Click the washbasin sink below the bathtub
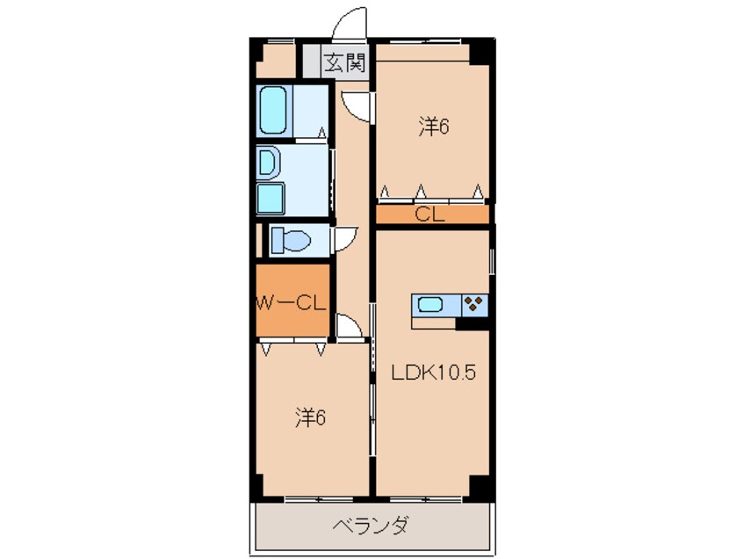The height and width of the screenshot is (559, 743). pos(269,163)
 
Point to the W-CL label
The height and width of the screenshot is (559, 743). pos(292,304)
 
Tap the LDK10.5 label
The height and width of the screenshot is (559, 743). pos(433,372)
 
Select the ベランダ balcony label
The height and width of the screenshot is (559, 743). pos(370,526)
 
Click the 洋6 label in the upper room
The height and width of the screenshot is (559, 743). pos(433,127)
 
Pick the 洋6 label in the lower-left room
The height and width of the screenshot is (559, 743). pos(310,417)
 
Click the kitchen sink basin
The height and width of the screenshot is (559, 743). pos(431,305)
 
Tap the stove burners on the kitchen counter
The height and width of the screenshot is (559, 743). pos(474,304)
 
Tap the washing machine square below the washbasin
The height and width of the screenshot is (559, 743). pos(270,199)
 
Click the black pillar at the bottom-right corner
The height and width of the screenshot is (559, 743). pos(480,486)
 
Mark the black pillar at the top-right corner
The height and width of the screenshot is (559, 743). pos(480,50)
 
